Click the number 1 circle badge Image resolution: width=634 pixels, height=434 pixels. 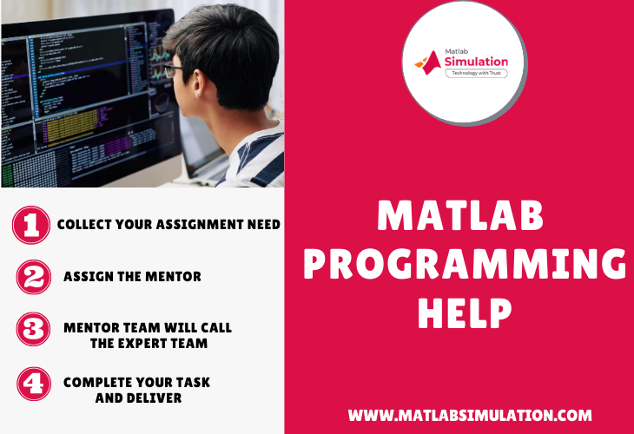[x=30, y=225]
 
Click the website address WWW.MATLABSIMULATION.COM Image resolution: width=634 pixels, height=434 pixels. [x=470, y=416]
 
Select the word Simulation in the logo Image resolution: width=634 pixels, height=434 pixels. [x=476, y=62]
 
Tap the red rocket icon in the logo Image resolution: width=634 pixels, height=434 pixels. [x=428, y=61]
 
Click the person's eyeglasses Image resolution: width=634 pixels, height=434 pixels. [x=174, y=70]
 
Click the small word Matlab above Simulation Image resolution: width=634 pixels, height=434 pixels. [x=457, y=50]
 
